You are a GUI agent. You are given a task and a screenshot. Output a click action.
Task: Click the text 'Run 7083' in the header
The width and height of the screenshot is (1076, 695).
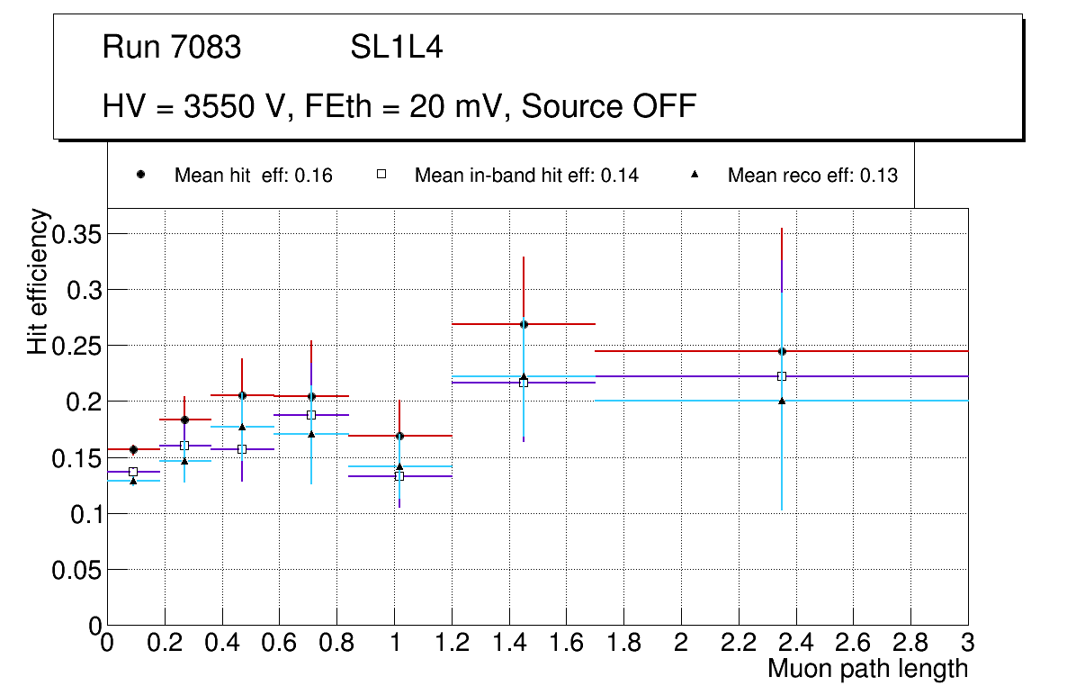172,48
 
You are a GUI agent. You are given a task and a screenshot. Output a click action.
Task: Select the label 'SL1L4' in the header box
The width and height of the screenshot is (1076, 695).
397,48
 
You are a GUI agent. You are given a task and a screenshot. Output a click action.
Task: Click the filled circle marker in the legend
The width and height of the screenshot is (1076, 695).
140,175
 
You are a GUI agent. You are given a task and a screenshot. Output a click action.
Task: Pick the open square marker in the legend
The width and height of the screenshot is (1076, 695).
381,175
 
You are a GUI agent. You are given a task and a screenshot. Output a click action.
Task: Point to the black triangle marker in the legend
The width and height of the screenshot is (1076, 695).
695,175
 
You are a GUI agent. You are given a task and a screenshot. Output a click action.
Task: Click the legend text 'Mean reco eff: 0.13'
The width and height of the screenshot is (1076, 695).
812,176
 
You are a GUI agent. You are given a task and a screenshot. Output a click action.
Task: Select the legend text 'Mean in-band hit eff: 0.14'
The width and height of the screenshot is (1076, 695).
526,176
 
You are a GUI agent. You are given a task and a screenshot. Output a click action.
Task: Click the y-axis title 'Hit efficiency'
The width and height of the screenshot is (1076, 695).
38,282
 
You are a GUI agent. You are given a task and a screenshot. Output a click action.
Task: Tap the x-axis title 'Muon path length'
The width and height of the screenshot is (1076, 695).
867,669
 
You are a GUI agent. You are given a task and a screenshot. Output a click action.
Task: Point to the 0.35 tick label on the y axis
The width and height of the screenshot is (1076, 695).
78,235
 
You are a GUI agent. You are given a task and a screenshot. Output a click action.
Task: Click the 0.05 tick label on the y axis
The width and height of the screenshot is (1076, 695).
78,570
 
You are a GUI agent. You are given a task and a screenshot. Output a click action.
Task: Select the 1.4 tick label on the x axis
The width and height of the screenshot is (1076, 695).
508,644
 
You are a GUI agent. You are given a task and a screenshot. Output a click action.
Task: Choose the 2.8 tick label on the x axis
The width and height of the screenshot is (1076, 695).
910,644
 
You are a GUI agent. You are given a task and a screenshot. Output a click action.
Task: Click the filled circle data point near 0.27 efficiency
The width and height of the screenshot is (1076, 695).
524,324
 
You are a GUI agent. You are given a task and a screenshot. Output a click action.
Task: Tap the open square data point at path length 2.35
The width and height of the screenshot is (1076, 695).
782,376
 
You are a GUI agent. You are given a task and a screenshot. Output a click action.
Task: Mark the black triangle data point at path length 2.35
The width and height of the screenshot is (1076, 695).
782,401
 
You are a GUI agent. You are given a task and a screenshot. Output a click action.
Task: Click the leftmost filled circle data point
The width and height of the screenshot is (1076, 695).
133,449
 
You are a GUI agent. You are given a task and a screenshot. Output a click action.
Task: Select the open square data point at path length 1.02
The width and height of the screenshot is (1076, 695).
399,475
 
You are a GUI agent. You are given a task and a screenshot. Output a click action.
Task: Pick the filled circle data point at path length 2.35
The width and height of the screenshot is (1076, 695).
782,351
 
